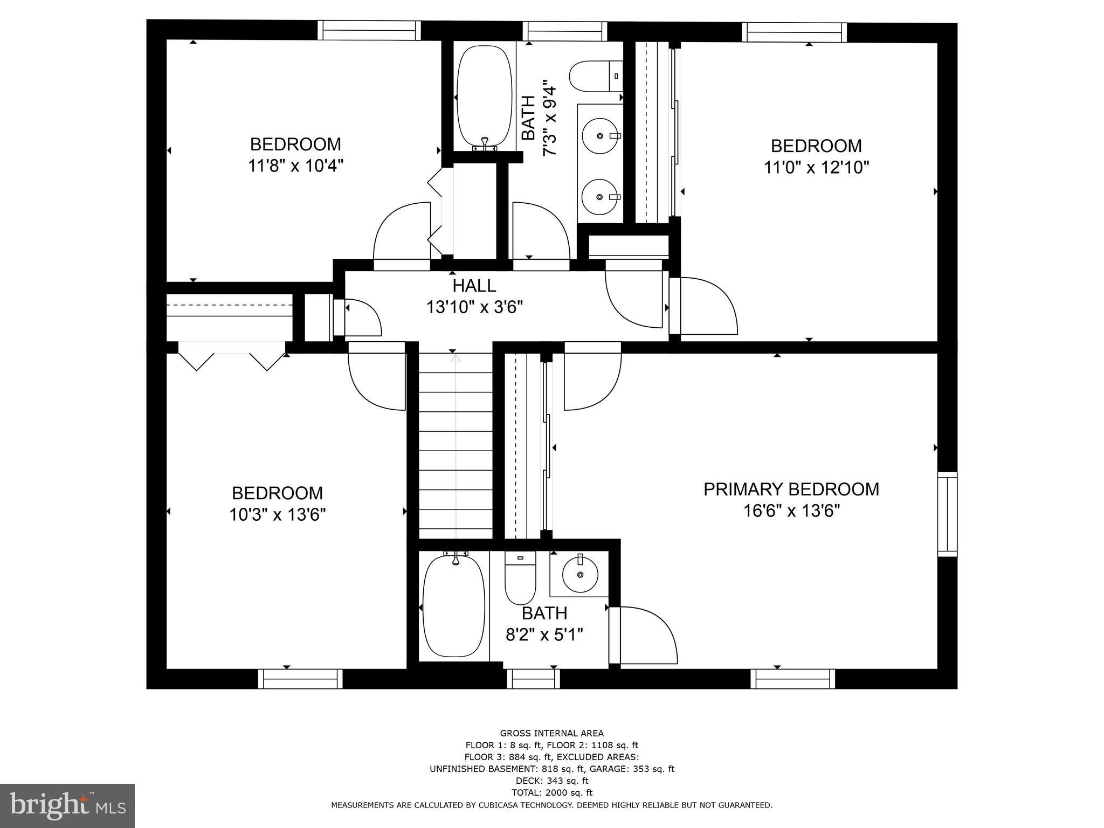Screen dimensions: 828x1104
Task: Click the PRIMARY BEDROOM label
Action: (791, 489)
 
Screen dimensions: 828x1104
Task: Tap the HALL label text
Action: (474, 285)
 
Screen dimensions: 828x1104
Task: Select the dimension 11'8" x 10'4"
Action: (295, 165)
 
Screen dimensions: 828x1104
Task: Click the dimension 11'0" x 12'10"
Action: (816, 168)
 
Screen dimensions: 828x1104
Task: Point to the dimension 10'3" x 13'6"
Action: (278, 515)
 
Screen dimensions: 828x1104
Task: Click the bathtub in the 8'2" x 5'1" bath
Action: (453, 607)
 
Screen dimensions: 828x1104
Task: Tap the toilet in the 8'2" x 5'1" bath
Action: (520, 579)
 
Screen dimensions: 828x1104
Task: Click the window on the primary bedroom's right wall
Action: (947, 514)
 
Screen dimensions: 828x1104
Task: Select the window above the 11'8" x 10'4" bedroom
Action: (369, 30)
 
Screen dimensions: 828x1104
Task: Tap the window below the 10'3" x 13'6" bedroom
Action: (300, 679)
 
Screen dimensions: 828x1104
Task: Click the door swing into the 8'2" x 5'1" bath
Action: (644, 636)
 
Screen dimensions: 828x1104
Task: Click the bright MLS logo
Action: (67, 806)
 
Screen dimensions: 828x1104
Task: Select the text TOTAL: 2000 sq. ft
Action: (551, 792)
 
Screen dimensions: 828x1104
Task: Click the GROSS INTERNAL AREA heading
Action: (551, 733)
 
